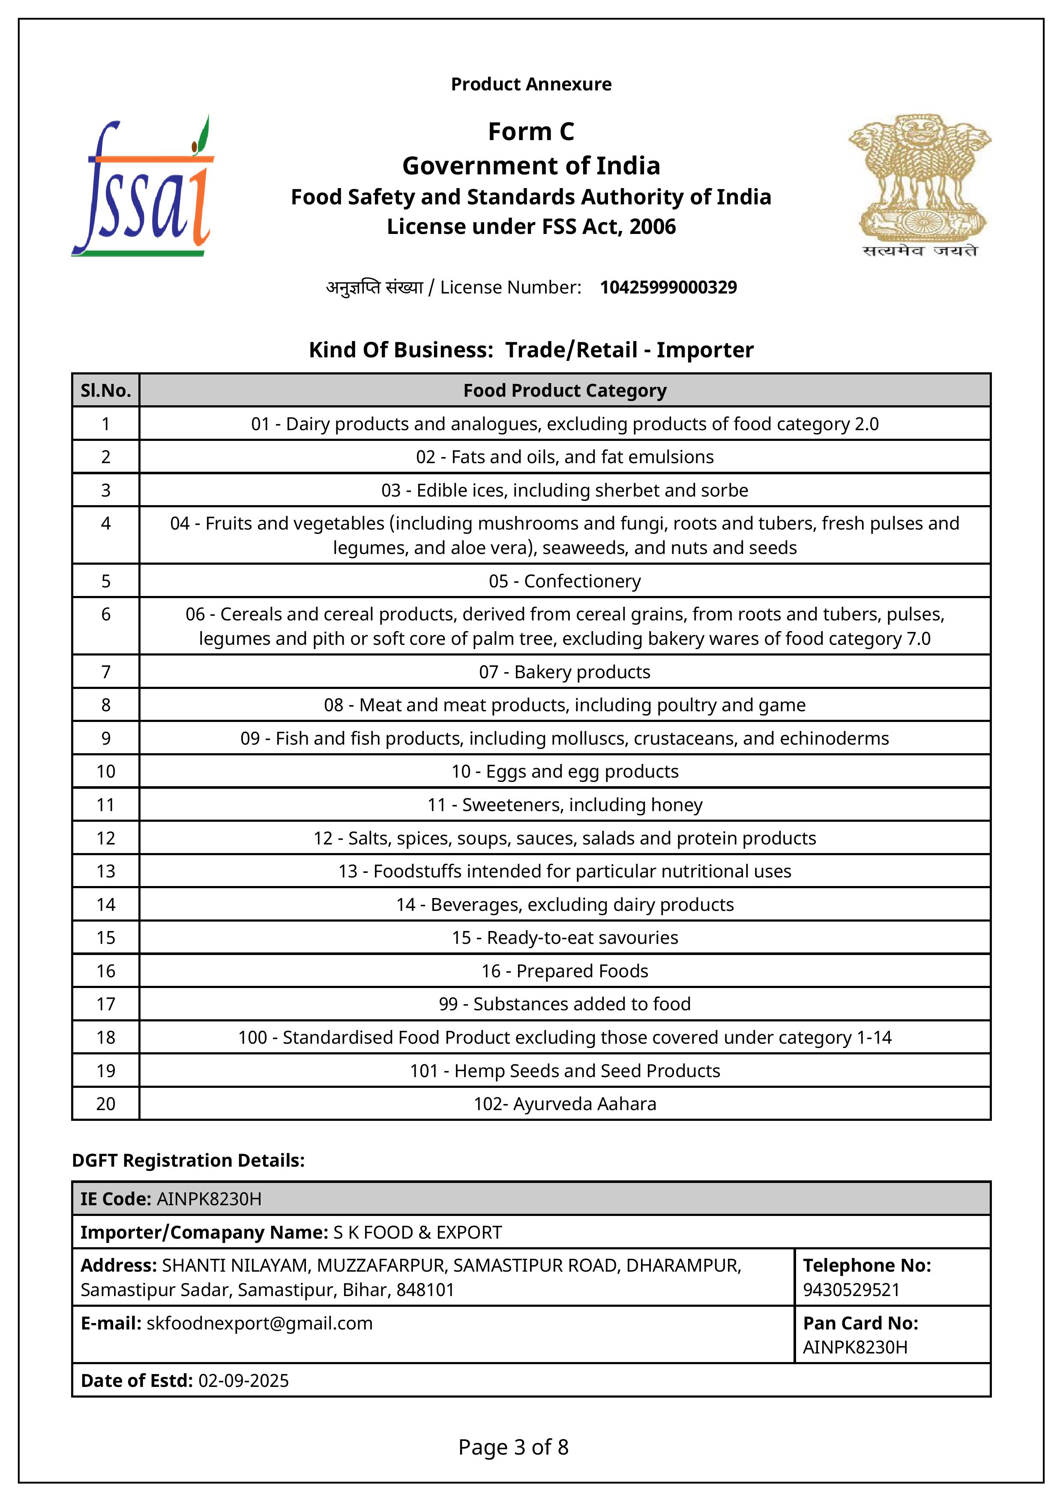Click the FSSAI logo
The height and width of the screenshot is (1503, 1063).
(x=143, y=186)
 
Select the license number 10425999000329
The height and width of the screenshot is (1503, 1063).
(x=668, y=287)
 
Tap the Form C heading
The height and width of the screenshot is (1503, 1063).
(x=531, y=132)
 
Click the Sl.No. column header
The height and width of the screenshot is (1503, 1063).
(x=105, y=391)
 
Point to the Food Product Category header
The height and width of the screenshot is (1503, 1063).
(x=565, y=391)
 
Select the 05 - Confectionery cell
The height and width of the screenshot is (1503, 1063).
(x=565, y=581)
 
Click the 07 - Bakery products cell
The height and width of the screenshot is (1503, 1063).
(x=565, y=672)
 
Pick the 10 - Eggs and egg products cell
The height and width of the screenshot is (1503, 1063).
(x=565, y=772)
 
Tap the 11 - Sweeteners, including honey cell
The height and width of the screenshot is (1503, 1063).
(x=565, y=805)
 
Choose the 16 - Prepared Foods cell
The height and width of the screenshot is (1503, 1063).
(x=565, y=971)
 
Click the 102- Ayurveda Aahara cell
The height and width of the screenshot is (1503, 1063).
(x=565, y=1105)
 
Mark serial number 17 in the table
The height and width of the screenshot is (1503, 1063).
(x=105, y=1004)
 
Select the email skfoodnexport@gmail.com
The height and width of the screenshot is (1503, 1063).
(x=259, y=1323)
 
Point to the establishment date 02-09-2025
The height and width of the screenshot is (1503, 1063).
(x=243, y=1381)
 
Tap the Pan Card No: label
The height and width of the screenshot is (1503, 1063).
(x=860, y=1323)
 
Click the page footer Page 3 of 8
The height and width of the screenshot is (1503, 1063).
(x=513, y=1447)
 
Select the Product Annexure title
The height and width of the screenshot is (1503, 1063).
(x=531, y=84)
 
